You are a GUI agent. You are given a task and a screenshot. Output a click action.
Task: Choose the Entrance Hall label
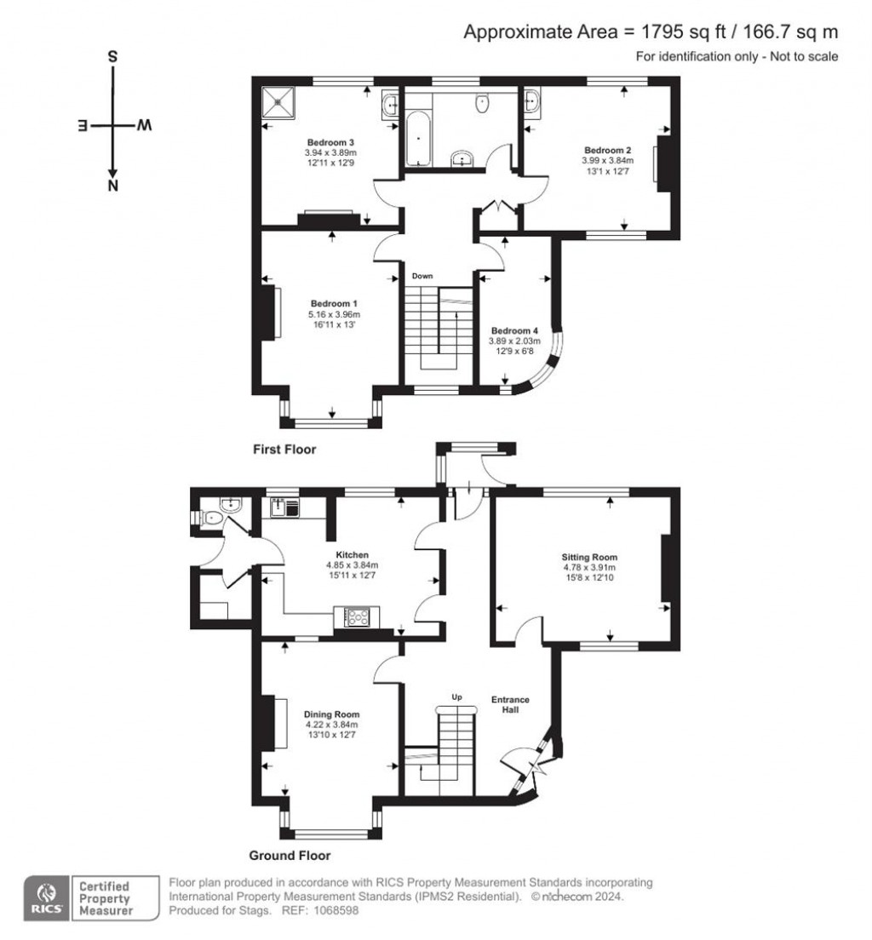(510, 704)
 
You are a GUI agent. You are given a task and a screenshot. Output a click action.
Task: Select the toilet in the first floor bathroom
(483, 104)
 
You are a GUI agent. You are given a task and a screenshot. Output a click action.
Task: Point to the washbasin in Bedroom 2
(534, 102)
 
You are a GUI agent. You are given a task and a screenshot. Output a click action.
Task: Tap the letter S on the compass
(112, 57)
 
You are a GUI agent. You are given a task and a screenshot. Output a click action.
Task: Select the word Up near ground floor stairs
(456, 698)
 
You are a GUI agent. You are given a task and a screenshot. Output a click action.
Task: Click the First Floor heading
(284, 449)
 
